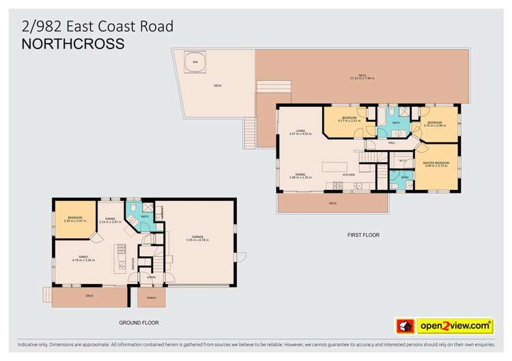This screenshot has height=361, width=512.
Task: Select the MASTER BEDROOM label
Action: (436, 163)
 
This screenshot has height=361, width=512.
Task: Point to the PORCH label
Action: (151, 297)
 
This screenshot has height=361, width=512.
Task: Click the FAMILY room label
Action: (83, 257)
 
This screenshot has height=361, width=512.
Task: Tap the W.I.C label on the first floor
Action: (403, 161)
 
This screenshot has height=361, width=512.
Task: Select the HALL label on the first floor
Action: (392, 143)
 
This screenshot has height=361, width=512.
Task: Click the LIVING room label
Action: (300, 131)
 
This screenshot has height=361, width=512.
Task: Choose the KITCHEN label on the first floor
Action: (349, 175)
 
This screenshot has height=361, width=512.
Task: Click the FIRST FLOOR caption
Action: (363, 235)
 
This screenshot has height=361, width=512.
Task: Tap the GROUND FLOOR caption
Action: (139, 323)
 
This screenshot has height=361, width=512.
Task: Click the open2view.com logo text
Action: (455, 326)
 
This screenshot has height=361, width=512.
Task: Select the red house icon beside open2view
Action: (406, 326)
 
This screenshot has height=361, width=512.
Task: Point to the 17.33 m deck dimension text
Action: (362, 78)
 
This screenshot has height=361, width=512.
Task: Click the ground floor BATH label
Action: (145, 218)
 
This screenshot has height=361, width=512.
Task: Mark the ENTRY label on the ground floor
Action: (152, 277)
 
